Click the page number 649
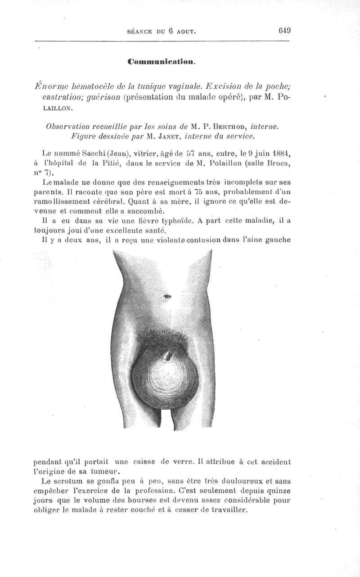click(285, 31)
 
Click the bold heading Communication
click(161, 60)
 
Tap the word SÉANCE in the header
click(140, 31)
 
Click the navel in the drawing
click(168, 296)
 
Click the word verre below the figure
click(171, 461)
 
